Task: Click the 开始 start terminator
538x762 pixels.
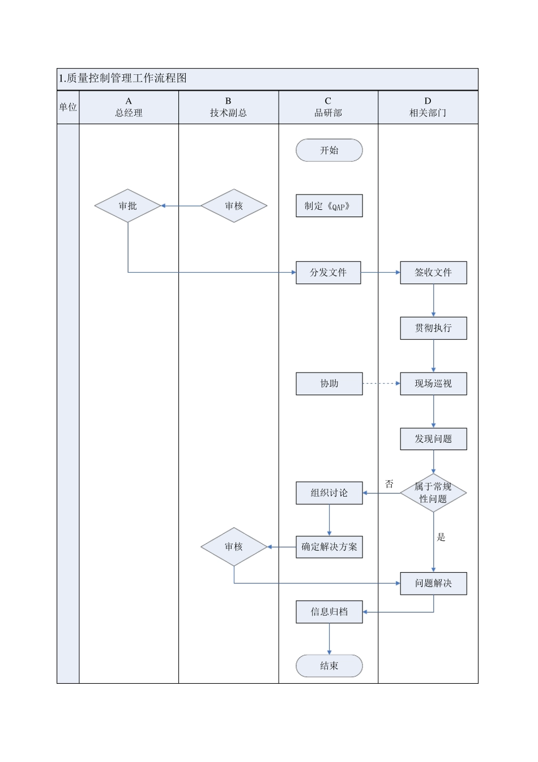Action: click(x=329, y=150)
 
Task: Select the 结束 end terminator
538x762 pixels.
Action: click(x=329, y=666)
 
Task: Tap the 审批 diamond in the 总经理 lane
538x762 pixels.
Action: click(x=128, y=206)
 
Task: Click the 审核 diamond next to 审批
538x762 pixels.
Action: click(x=234, y=206)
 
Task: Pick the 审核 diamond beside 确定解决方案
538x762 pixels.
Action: click(x=234, y=547)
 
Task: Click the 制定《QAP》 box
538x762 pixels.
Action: click(x=329, y=206)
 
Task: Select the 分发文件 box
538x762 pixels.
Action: click(x=328, y=273)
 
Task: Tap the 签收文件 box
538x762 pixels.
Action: click(x=433, y=273)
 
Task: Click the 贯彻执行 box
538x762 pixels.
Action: click(x=433, y=328)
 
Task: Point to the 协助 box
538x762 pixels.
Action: click(x=329, y=384)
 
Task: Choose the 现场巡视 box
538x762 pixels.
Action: click(x=433, y=384)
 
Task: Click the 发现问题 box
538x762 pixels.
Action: click(x=433, y=439)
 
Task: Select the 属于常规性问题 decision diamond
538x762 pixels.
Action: click(x=433, y=493)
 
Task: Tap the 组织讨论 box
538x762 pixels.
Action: click(x=329, y=493)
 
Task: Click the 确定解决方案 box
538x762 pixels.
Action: click(x=329, y=547)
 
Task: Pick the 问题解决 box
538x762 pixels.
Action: click(x=433, y=583)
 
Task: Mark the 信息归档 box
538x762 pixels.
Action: click(x=329, y=612)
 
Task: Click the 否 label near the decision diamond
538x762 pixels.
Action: click(x=389, y=484)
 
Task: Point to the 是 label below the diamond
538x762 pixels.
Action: click(x=441, y=537)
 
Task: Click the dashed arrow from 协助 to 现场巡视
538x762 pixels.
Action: click(x=381, y=384)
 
